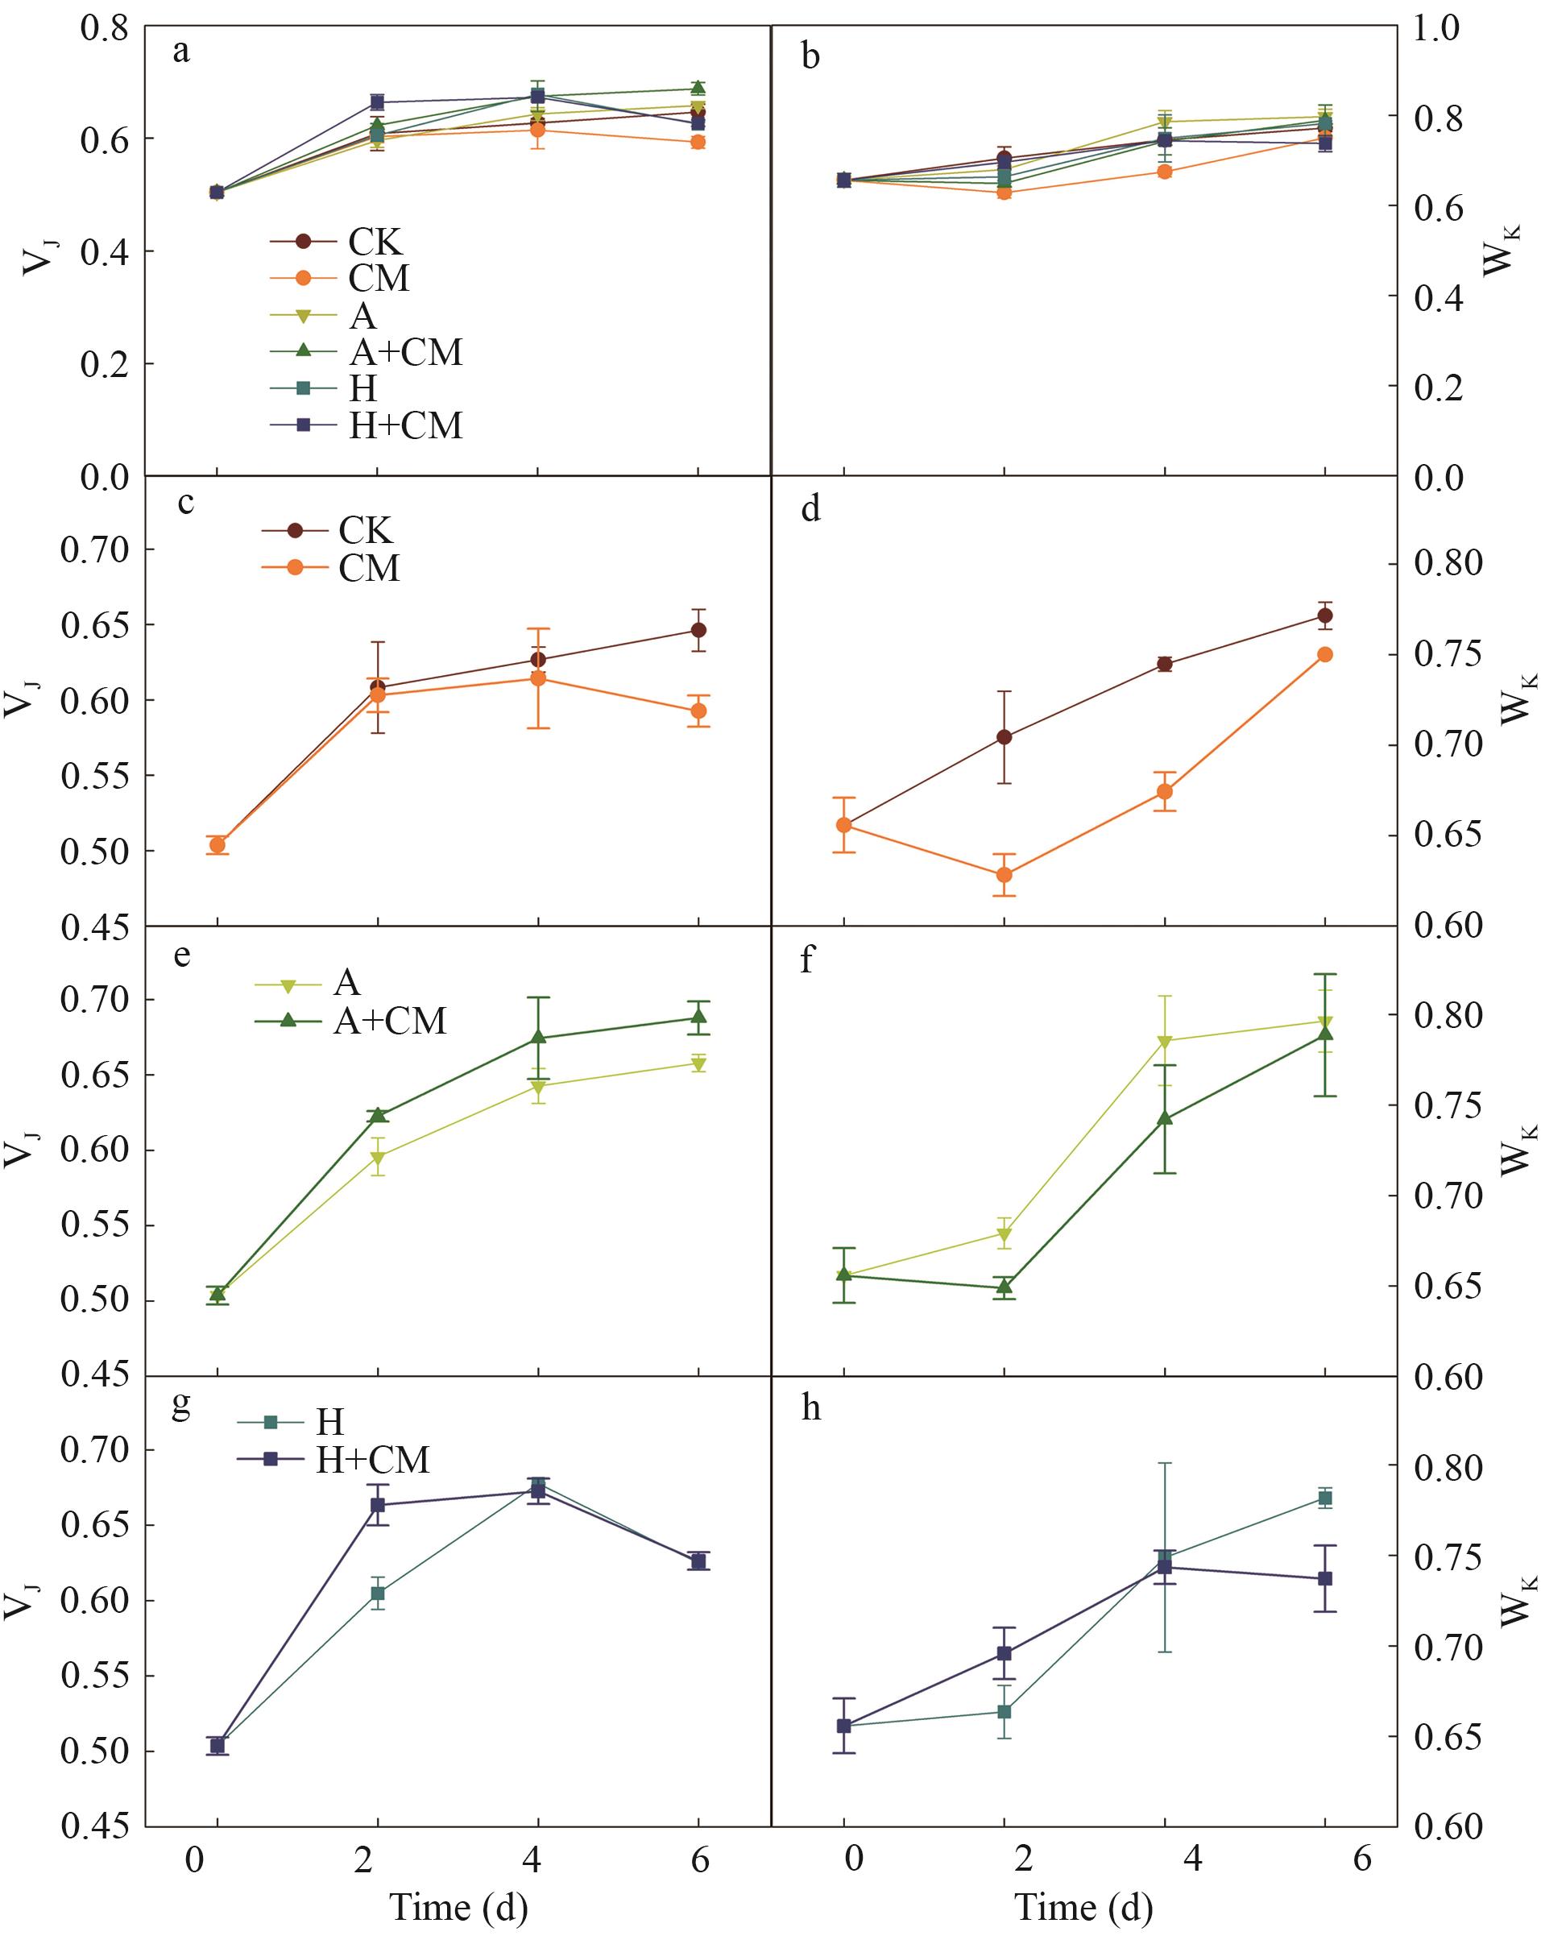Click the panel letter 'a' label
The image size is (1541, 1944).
pos(181,52)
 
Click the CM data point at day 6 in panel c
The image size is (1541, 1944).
pos(698,711)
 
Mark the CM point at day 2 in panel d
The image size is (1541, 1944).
pos(1005,875)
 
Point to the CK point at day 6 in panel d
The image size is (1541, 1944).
pos(1324,616)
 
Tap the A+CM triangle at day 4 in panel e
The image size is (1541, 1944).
pos(538,1037)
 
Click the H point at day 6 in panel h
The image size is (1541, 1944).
pos(1324,1498)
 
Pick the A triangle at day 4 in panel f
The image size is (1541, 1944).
pos(1164,1042)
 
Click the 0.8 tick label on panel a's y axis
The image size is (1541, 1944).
pos(104,27)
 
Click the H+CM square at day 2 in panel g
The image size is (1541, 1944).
pos(378,1505)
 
